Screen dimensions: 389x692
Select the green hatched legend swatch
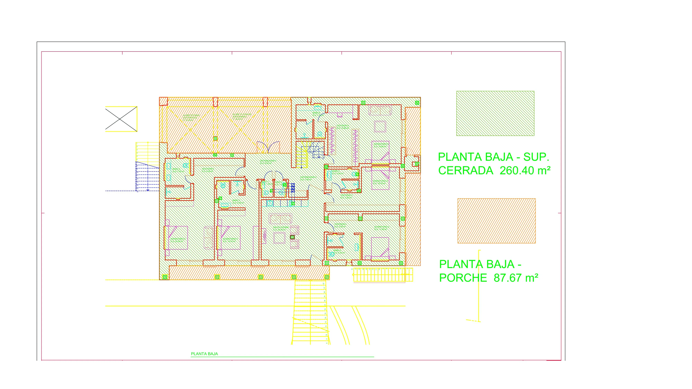coord(495,113)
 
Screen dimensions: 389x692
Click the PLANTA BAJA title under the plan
coord(204,354)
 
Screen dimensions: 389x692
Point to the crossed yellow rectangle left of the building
coord(121,119)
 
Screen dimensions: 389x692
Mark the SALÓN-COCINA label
coord(281,227)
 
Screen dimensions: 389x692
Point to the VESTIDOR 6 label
coord(343,126)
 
